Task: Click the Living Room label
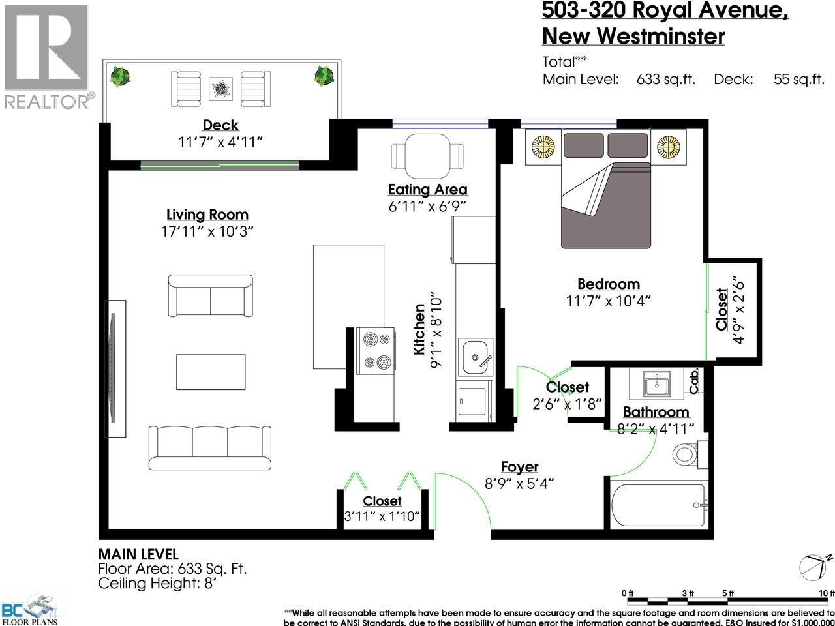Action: coord(207,215)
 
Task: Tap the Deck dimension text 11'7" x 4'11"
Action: coord(220,142)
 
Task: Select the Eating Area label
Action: coord(427,190)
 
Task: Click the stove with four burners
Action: coord(376,350)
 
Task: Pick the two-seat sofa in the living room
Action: coord(210,295)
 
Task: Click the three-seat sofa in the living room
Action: coord(210,448)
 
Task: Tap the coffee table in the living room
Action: coord(211,372)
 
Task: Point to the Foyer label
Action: coord(519,467)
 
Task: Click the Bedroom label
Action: coord(608,284)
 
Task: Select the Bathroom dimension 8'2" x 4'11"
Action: coord(656,427)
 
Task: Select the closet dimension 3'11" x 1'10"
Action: coord(382,516)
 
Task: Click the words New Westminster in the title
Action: coord(633,36)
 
